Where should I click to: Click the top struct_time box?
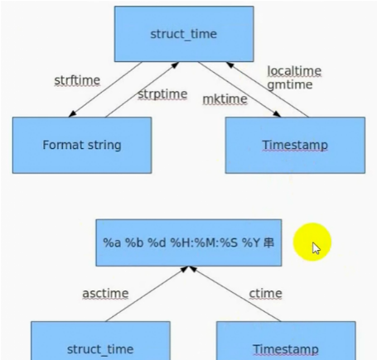(x=184, y=34)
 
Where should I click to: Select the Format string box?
(x=82, y=145)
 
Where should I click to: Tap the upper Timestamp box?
(x=295, y=145)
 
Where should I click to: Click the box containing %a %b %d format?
(x=189, y=242)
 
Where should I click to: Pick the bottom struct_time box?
(x=100, y=341)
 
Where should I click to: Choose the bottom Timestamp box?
(x=286, y=341)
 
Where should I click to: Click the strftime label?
(x=77, y=80)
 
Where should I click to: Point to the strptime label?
(x=162, y=94)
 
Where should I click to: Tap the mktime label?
(x=225, y=99)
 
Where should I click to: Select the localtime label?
(x=294, y=71)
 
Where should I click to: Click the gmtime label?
(x=290, y=84)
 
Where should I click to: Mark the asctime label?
(x=105, y=294)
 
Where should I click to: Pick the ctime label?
(x=265, y=294)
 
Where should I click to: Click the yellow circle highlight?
(x=312, y=242)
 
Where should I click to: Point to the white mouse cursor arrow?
(x=316, y=248)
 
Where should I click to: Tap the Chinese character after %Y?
(x=268, y=242)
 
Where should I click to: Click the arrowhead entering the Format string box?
(x=72, y=113)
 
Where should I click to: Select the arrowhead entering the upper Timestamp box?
(x=277, y=113)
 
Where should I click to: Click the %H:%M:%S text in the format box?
(x=204, y=242)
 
